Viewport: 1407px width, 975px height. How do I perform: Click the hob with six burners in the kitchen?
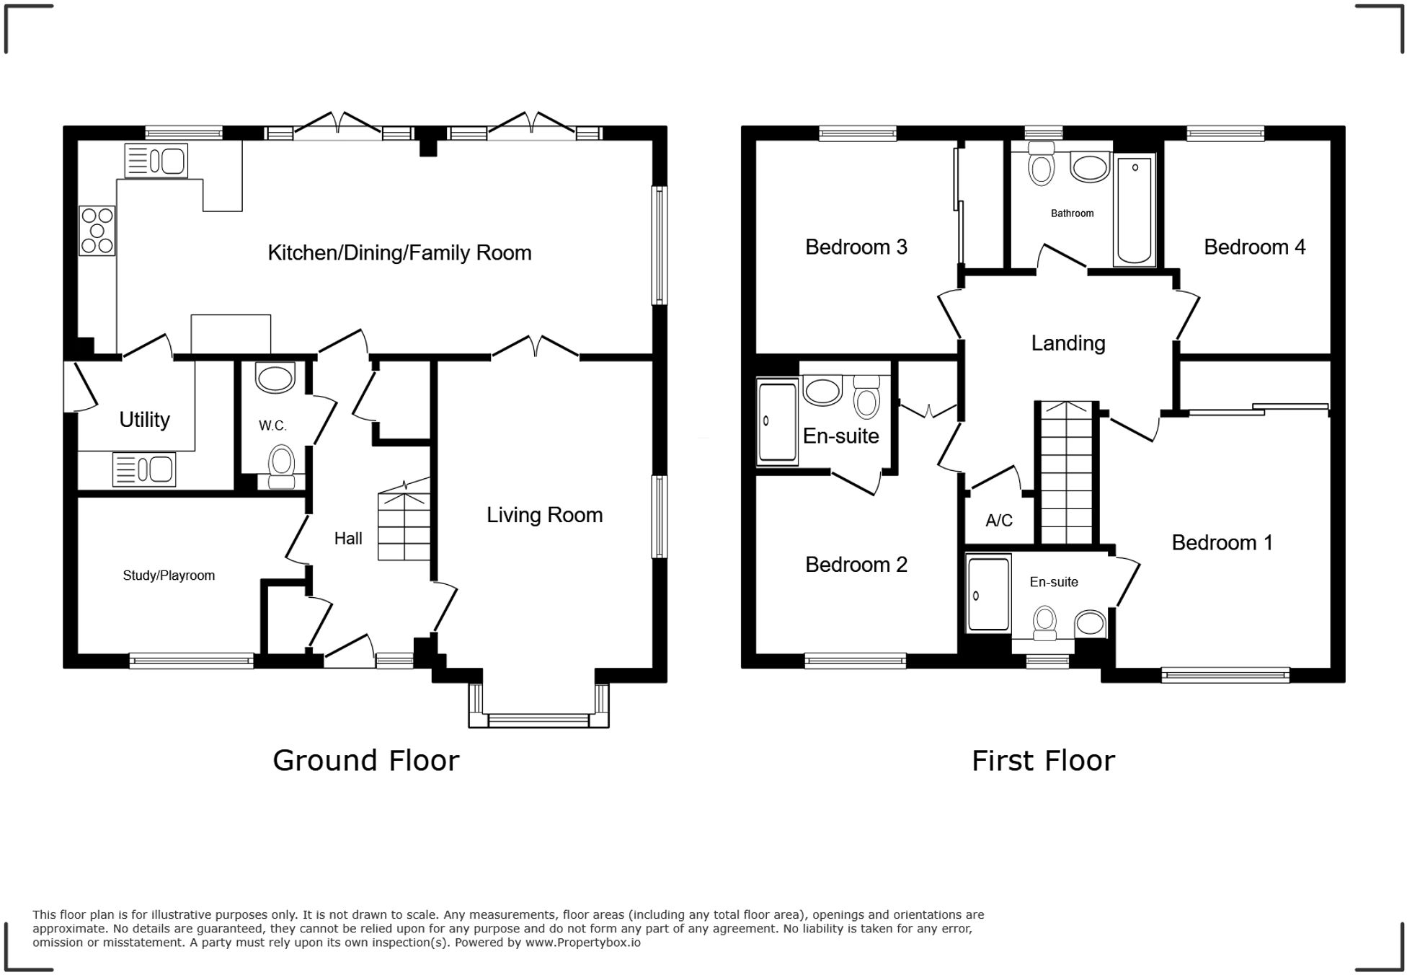point(97,231)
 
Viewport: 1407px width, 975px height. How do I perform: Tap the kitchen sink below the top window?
point(156,161)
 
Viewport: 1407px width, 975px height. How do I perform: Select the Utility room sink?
point(144,469)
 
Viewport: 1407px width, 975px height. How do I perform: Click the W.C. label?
point(272,425)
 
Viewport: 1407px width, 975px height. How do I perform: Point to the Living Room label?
point(544,515)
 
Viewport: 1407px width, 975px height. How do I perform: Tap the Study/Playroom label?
point(169,575)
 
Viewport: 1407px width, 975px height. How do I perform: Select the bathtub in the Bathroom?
point(1135,209)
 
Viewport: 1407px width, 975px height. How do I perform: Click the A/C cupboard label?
point(999,520)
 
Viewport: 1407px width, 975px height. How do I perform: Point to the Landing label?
point(1068,343)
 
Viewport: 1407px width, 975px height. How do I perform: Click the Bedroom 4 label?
point(1254,247)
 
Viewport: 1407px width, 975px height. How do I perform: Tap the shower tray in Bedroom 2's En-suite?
point(777,422)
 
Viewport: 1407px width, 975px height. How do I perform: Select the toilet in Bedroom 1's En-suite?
point(1044,623)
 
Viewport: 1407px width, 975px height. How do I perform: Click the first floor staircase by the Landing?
point(1067,472)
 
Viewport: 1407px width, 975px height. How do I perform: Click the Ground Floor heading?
point(365,761)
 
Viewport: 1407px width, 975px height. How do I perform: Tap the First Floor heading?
point(1043,761)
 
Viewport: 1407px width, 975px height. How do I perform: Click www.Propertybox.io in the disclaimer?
point(582,943)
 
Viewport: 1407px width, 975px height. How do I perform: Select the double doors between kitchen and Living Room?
point(536,348)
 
